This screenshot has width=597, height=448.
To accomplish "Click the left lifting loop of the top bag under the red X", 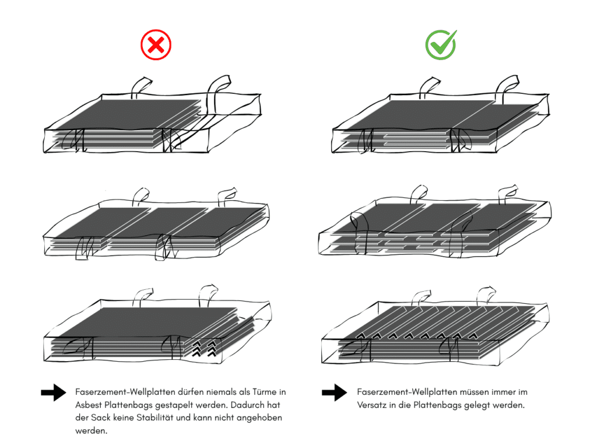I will pos(140,86).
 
